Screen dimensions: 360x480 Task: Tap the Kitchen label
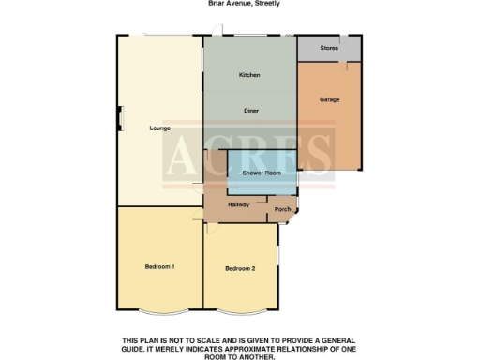tap(248, 75)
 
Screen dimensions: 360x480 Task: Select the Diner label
tap(251, 111)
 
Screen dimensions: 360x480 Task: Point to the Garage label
tap(328, 98)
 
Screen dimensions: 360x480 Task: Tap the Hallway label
tap(238, 203)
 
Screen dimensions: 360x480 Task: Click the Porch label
tap(282, 210)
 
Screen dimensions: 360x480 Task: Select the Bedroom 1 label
tap(159, 267)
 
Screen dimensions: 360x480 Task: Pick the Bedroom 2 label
tap(240, 269)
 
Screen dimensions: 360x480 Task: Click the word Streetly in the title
tap(266, 4)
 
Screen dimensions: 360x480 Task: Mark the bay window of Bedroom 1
tap(159, 311)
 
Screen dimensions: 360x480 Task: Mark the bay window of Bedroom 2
tap(240, 311)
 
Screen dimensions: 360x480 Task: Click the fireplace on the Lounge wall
tap(119, 118)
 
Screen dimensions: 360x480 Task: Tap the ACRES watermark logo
tap(248, 156)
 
